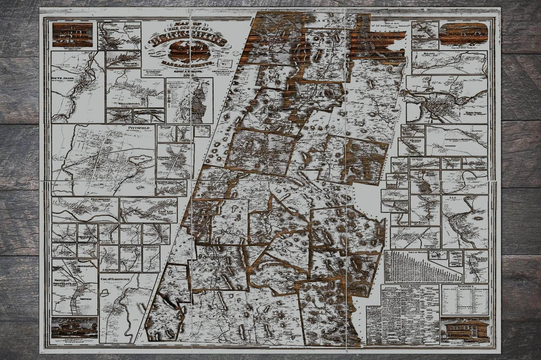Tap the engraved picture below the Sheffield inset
pos(74,328)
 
